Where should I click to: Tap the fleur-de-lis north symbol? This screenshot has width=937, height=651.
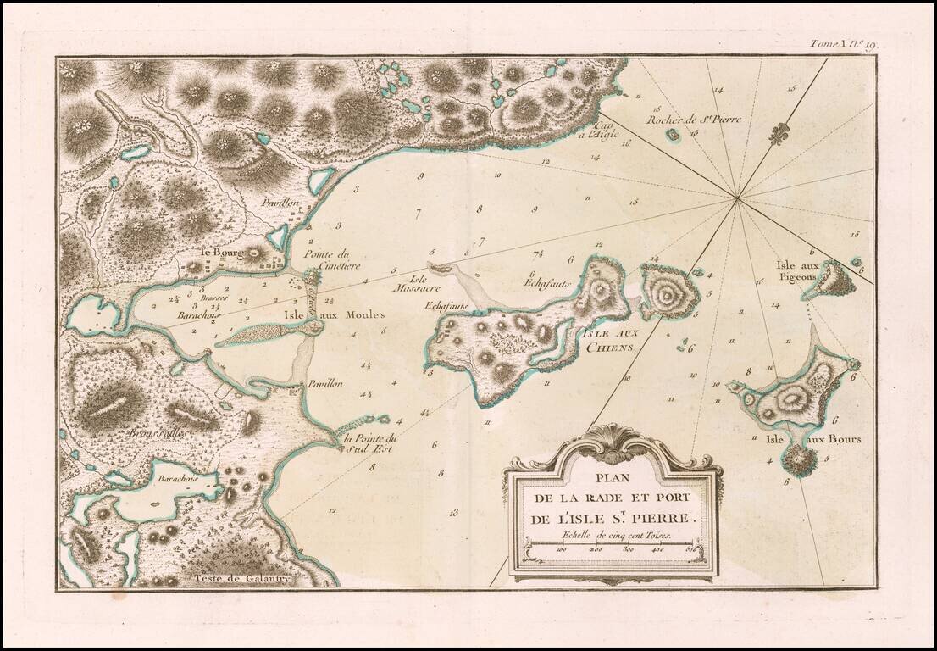coord(779,133)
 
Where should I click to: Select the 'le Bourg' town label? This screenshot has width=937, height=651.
coord(222,252)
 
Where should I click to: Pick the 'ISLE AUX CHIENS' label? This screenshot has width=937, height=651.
coord(608,341)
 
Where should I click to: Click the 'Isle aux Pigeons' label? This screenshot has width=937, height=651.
coord(796,270)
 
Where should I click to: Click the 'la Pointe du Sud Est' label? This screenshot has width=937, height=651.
coord(370,443)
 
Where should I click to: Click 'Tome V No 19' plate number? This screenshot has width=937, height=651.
coord(840,45)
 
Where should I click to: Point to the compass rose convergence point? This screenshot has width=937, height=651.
coord(737,199)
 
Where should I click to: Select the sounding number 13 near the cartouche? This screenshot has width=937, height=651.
coord(454,512)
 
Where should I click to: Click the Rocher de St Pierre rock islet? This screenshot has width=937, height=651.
coord(673,134)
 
